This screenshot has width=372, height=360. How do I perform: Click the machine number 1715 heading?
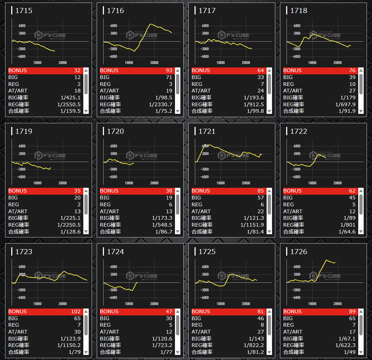24,11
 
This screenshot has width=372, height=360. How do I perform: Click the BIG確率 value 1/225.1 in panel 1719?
70,218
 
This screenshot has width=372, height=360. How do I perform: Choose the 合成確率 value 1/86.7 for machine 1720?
162,232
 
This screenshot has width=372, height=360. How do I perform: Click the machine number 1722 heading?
298,131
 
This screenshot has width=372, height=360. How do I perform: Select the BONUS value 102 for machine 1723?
76,311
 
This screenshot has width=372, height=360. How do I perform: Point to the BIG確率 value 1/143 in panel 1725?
255,339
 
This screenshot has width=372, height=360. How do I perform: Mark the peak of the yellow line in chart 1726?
327,260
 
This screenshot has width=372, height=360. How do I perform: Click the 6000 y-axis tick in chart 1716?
114,26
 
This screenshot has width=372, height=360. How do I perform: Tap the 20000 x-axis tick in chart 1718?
337,63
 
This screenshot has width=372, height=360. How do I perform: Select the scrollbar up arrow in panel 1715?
86,71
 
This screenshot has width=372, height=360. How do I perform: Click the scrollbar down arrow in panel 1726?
361,352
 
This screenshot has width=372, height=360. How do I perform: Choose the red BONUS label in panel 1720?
109,191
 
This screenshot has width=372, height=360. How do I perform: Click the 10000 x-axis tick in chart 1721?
221,183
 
